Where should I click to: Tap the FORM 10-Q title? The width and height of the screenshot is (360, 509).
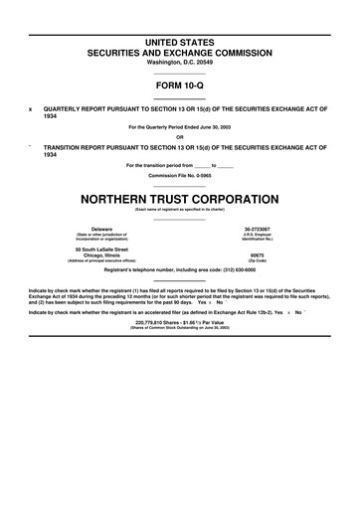click(x=180, y=87)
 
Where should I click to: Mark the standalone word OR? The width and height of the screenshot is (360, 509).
click(x=180, y=137)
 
